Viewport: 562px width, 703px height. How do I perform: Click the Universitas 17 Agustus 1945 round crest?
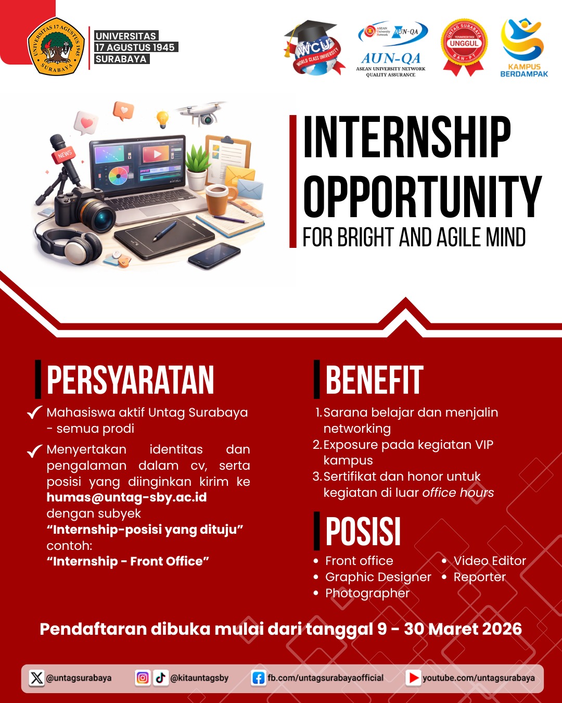pyautogui.click(x=56, y=47)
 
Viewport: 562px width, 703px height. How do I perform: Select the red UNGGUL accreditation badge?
pyautogui.click(x=463, y=46)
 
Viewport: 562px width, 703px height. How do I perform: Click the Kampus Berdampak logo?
pyautogui.click(x=523, y=47)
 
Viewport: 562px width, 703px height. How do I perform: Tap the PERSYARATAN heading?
pyautogui.click(x=130, y=380)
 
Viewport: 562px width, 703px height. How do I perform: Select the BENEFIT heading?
pyautogui.click(x=374, y=380)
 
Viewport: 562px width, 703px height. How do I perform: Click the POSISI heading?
pyautogui.click(x=363, y=532)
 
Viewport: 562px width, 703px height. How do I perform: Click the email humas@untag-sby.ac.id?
pyautogui.click(x=126, y=497)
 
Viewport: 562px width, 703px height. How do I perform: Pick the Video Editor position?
pyautogui.click(x=490, y=561)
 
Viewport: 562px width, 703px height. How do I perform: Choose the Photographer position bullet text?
pyautogui.click(x=367, y=593)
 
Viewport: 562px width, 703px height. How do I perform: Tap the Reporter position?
pyautogui.click(x=479, y=577)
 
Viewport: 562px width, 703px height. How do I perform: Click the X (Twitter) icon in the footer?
pyautogui.click(x=36, y=678)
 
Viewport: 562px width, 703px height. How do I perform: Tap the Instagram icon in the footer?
pyautogui.click(x=143, y=678)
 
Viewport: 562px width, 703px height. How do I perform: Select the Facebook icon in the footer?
pyautogui.click(x=258, y=678)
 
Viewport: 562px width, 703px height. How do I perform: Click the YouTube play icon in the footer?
pyautogui.click(x=414, y=678)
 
